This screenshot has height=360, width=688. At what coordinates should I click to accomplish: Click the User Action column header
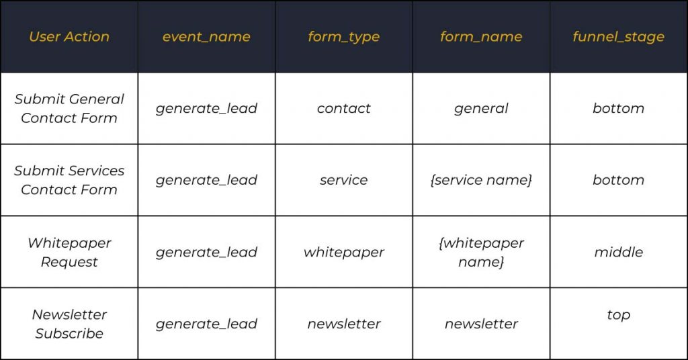[69, 36]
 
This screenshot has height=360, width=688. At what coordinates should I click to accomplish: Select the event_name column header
[206, 37]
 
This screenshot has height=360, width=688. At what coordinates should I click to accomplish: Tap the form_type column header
[343, 37]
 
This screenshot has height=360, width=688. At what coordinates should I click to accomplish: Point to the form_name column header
[481, 37]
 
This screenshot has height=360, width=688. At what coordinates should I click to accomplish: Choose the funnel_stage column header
[618, 37]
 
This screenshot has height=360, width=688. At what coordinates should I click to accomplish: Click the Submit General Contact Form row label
[69, 108]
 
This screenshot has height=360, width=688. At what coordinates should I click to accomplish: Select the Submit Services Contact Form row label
[69, 180]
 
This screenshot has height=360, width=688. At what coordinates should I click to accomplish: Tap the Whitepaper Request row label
[69, 252]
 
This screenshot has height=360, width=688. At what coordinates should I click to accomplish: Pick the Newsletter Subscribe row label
[69, 324]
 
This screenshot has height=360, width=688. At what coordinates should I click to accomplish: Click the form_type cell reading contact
[343, 108]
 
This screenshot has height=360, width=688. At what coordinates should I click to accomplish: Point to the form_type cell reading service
[343, 180]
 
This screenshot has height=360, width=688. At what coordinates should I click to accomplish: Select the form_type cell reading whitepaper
[343, 252]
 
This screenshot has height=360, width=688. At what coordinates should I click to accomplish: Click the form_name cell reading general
[481, 109]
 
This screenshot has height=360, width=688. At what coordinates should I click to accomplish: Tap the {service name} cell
[481, 180]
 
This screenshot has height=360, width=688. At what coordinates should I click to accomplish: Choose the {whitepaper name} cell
[481, 252]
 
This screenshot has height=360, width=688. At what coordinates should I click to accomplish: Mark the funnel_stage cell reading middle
[618, 252]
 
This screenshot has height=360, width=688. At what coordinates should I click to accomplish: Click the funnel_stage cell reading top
[618, 315]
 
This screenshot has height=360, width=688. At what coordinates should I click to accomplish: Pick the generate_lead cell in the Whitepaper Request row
[206, 252]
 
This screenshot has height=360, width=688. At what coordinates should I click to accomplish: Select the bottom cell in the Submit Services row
[618, 180]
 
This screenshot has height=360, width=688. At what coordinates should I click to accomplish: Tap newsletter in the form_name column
[481, 324]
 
